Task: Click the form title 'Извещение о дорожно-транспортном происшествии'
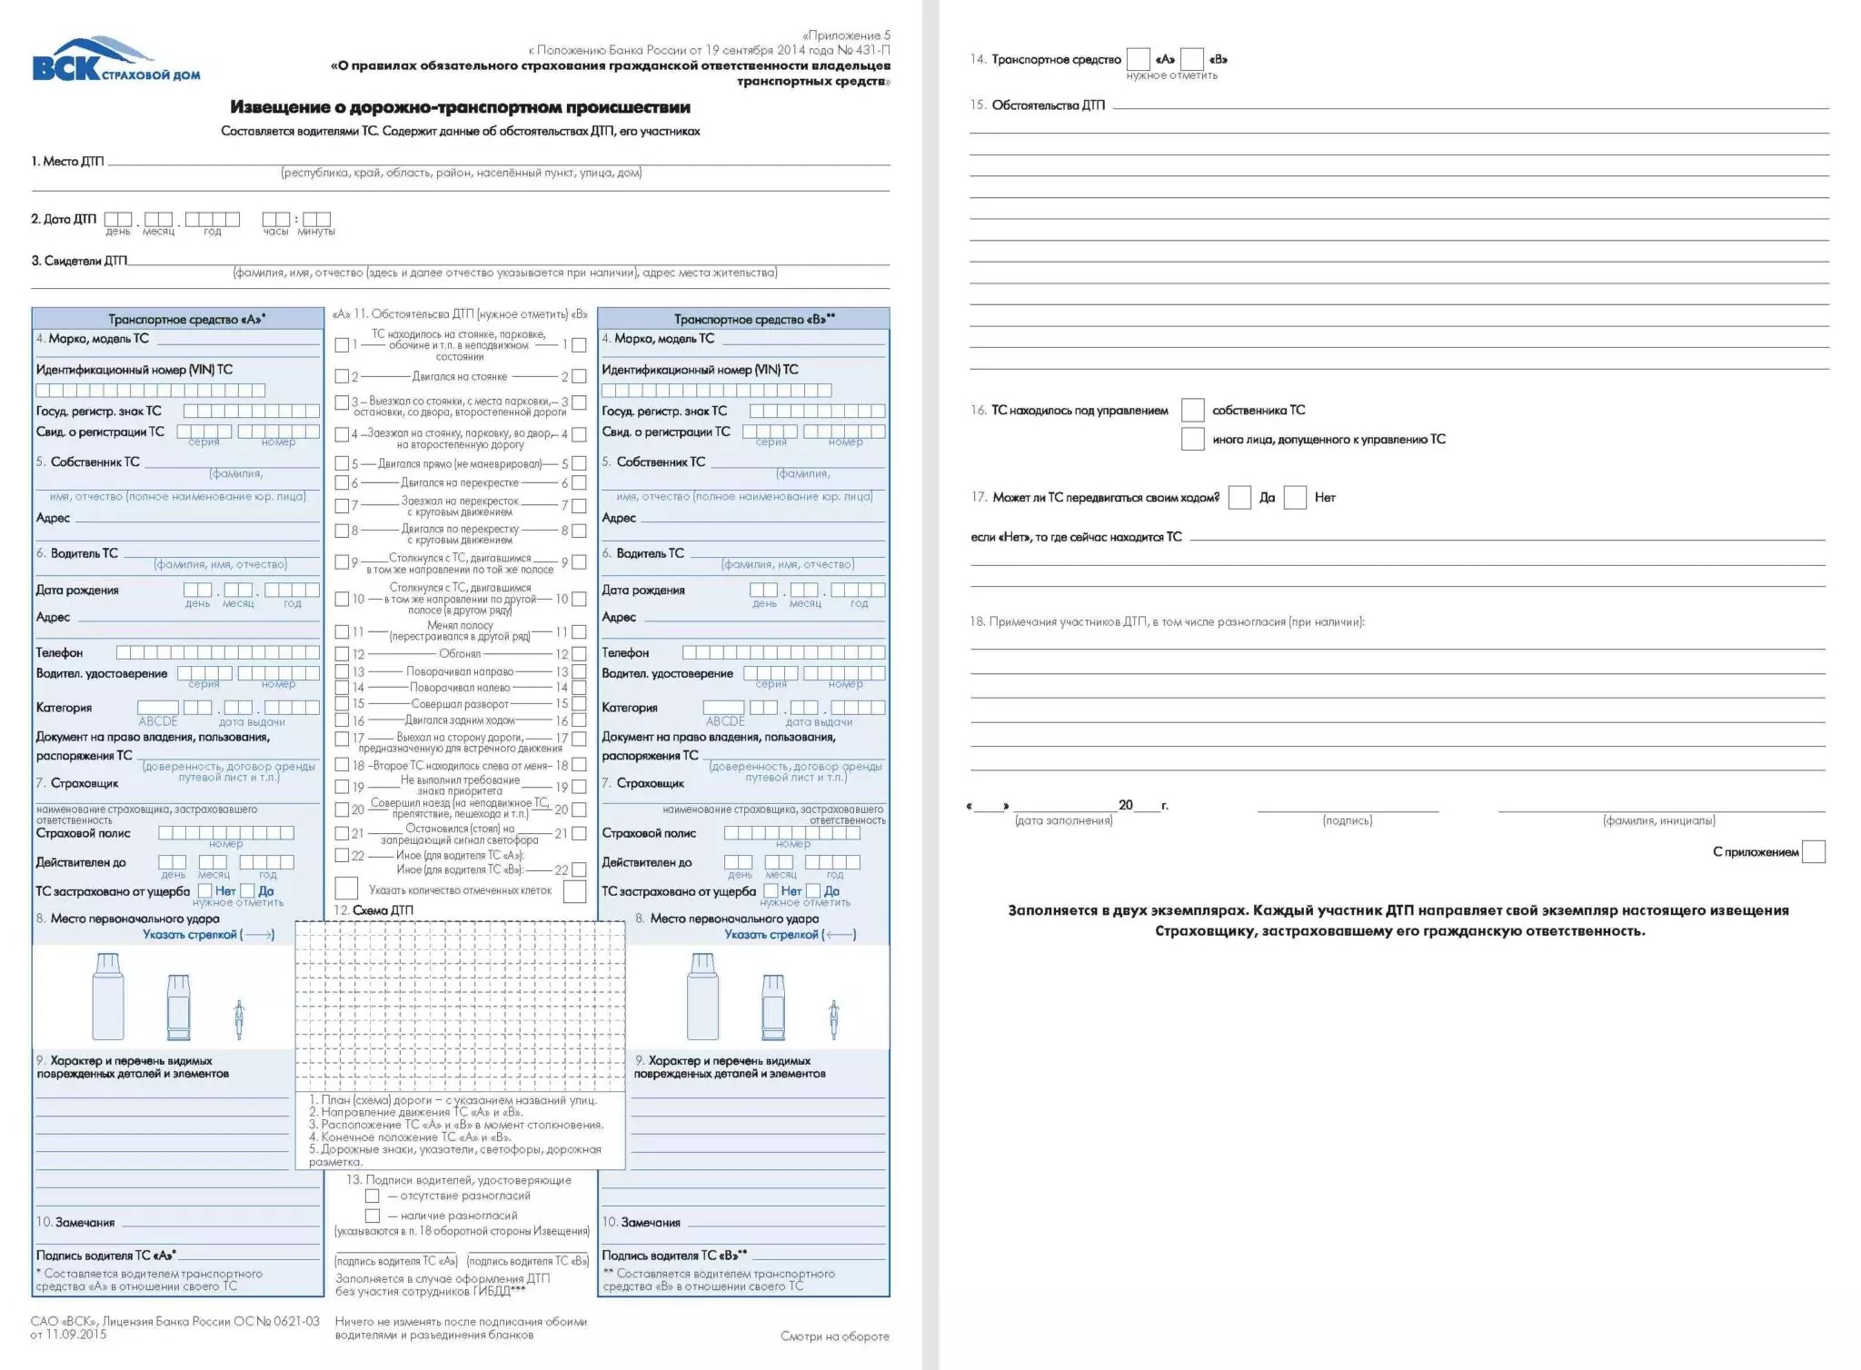460,107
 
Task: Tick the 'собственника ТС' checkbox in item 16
1192,410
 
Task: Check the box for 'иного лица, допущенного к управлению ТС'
1192,439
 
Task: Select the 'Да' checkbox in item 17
1239,497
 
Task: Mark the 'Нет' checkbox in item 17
1295,497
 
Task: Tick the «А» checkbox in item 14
1138,59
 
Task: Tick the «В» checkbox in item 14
1192,59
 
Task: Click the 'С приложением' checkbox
1813,851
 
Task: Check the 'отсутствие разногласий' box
372,1196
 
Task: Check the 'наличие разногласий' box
372,1216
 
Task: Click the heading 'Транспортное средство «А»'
186,319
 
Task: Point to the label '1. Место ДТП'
67,162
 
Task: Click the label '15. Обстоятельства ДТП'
1038,105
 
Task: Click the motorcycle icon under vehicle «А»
239,1019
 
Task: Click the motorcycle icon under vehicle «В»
833,1019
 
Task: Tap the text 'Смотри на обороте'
834,1335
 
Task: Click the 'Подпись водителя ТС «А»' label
105,1255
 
